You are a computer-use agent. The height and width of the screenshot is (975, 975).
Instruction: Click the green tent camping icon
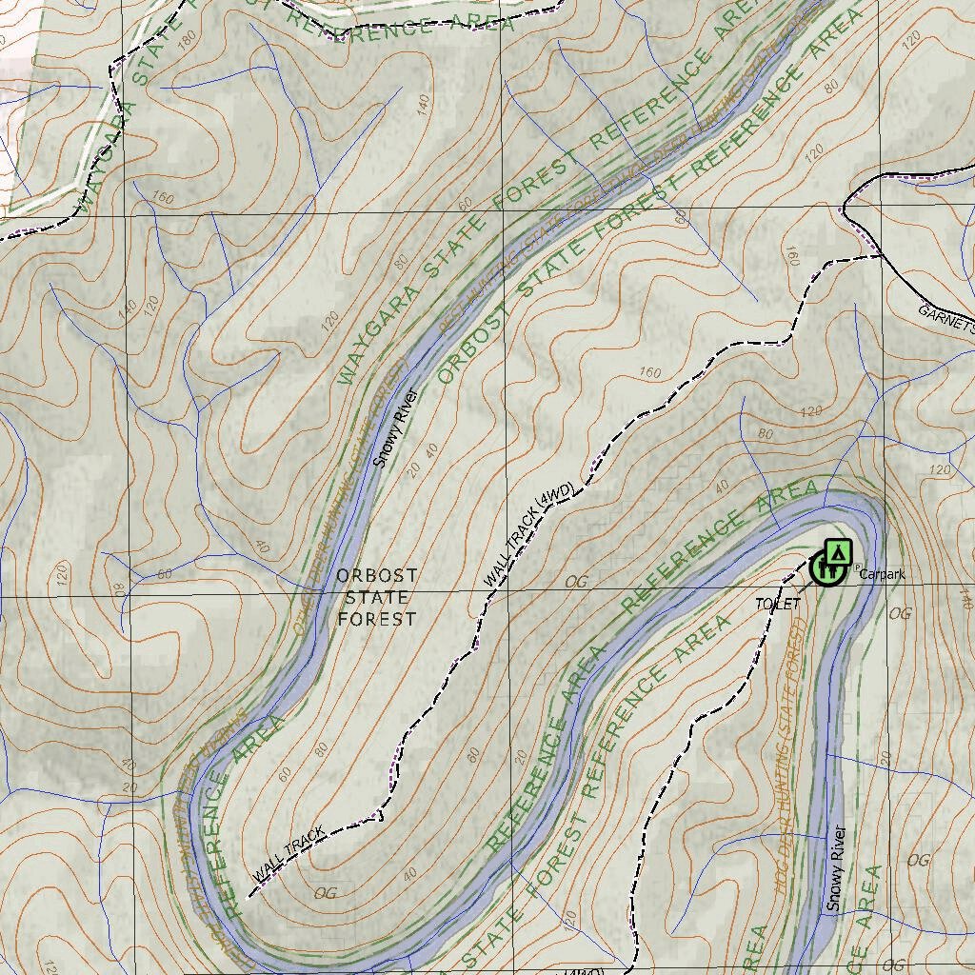(838, 551)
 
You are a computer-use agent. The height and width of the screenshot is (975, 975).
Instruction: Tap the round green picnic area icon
(825, 568)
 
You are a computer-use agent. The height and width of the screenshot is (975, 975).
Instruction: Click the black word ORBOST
(376, 576)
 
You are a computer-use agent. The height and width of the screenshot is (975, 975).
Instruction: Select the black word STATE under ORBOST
(376, 598)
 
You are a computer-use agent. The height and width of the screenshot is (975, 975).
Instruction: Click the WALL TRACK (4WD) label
(529, 535)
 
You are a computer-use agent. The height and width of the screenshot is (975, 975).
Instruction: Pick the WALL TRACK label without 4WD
(289, 854)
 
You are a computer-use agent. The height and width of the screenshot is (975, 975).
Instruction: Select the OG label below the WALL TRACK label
(326, 892)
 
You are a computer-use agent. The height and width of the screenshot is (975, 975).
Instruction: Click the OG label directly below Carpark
(899, 614)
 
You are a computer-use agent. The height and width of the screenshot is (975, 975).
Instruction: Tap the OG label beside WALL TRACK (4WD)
(577, 581)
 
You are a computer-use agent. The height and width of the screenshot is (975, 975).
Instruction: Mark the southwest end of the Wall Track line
(250, 896)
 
